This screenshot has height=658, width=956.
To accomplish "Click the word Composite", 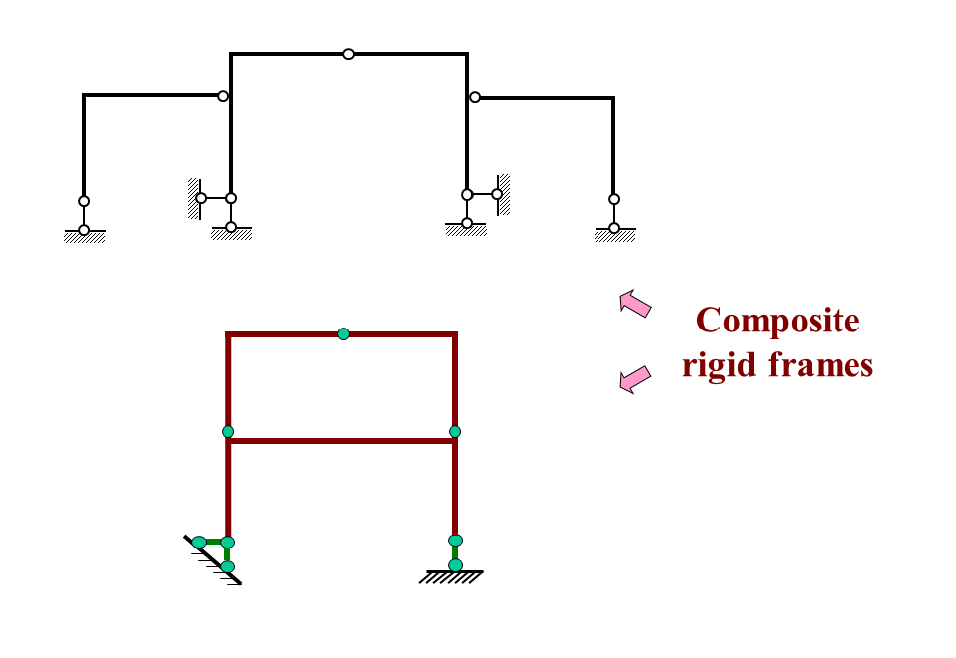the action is point(777,322).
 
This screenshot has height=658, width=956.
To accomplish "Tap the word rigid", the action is point(721,365).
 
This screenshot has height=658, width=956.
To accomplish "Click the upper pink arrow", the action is point(634,303).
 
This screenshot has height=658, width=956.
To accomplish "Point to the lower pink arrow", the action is point(634,378).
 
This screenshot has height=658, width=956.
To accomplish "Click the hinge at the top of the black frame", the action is point(348,54).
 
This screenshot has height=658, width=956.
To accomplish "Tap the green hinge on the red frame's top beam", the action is point(343,333).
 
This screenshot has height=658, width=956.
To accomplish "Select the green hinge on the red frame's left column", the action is point(228,431).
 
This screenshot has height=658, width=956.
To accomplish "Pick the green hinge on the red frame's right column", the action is point(455,431).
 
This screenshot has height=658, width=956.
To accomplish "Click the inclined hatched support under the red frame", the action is point(213,559).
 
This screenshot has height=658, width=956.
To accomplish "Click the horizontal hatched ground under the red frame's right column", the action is point(451,576).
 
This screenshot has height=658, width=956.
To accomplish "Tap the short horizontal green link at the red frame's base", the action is point(212,542).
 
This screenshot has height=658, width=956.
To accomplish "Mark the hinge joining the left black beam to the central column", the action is point(223,97).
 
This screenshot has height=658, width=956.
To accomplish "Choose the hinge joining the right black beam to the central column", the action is point(475,97).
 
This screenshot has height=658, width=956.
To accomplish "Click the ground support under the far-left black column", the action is point(84,235).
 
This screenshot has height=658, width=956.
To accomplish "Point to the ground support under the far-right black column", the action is point(614,235).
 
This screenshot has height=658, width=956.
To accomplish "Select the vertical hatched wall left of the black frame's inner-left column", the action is point(193,198).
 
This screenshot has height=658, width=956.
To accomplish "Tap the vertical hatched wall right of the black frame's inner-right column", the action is point(504,194).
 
